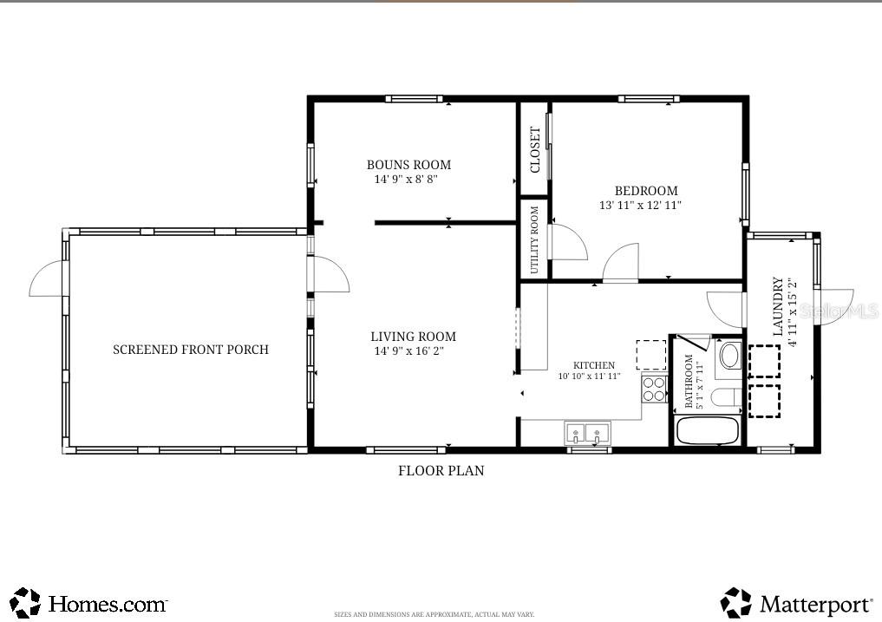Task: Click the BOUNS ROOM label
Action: point(408,165)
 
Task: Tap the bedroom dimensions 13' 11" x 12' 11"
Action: point(640,206)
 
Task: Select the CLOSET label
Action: point(535,149)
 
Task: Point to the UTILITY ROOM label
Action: point(534,239)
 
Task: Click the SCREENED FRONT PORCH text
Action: point(191,350)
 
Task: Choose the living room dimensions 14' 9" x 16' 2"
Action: point(414,351)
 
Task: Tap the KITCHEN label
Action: point(594,365)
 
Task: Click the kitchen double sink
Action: point(587,432)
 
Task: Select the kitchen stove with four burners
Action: point(653,389)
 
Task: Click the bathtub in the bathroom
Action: point(707,431)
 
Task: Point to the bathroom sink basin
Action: point(730,356)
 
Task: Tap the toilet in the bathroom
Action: point(722,398)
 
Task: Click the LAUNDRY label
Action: point(778,306)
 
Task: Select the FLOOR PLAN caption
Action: point(441,471)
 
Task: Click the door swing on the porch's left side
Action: point(48,282)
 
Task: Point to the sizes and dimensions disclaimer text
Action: point(434,614)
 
